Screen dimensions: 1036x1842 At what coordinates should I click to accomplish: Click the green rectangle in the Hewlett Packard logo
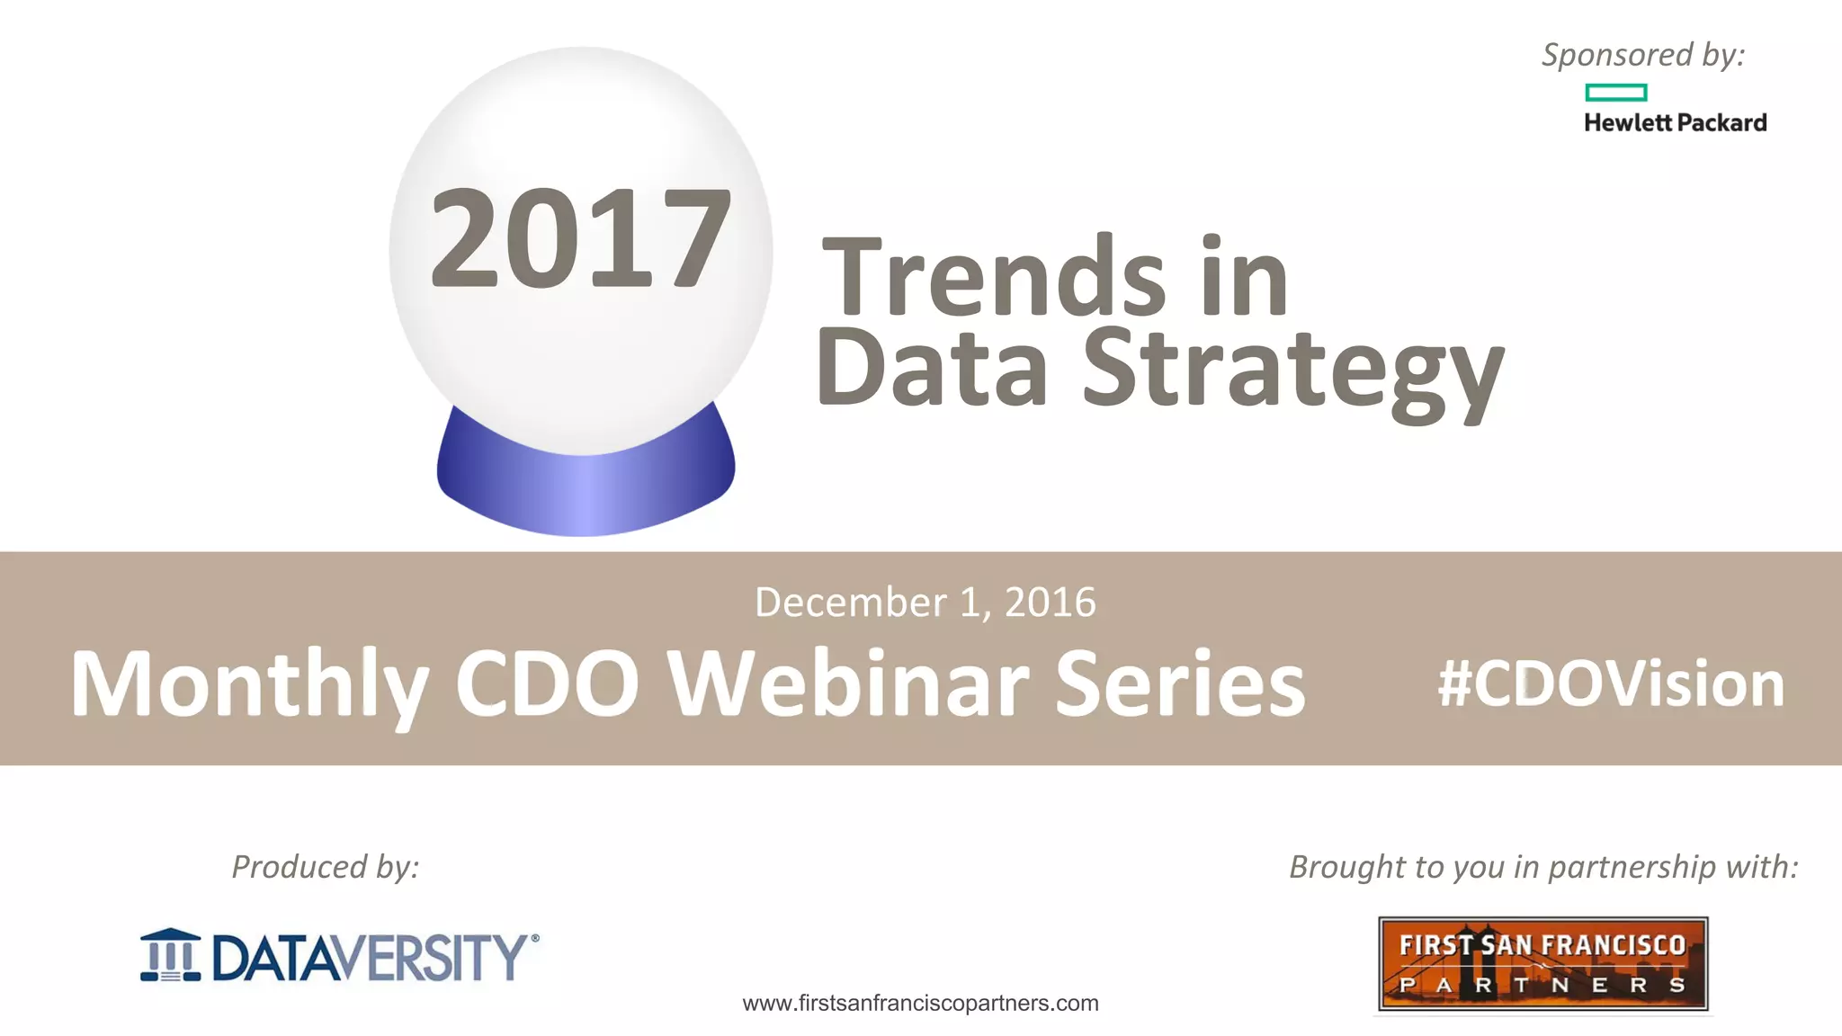tap(1615, 92)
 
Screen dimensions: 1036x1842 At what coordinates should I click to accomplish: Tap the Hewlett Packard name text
tap(1675, 122)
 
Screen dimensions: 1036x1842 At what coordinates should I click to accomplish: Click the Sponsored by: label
tap(1643, 55)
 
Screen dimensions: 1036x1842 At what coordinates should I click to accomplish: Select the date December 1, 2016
tap(925, 603)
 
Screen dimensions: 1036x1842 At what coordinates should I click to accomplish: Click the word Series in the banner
tap(1179, 684)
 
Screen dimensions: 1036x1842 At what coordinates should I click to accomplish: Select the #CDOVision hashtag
tap(1610, 684)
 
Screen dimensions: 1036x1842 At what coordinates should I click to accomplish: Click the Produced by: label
tap(326, 867)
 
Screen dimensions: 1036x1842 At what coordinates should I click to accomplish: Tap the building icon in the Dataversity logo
tap(171, 955)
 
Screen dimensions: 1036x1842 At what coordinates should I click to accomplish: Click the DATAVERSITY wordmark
tap(370, 957)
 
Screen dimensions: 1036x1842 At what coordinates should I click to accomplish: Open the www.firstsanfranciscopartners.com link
tap(920, 1004)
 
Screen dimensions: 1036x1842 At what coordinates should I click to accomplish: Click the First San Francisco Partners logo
tap(1542, 964)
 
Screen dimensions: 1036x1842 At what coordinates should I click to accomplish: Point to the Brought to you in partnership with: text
tap(1543, 867)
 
